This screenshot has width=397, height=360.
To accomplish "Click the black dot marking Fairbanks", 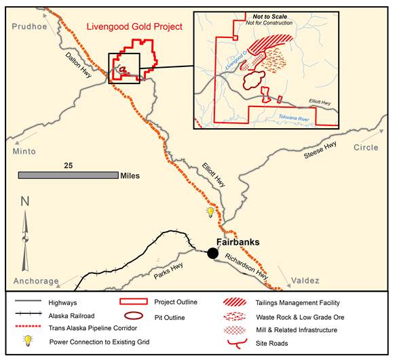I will [213, 253].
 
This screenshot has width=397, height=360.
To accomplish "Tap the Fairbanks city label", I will [238, 242].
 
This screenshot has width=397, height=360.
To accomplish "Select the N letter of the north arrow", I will [24, 201].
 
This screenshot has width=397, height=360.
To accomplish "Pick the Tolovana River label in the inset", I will [299, 117].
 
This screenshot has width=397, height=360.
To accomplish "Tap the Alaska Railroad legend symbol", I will [32, 315].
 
